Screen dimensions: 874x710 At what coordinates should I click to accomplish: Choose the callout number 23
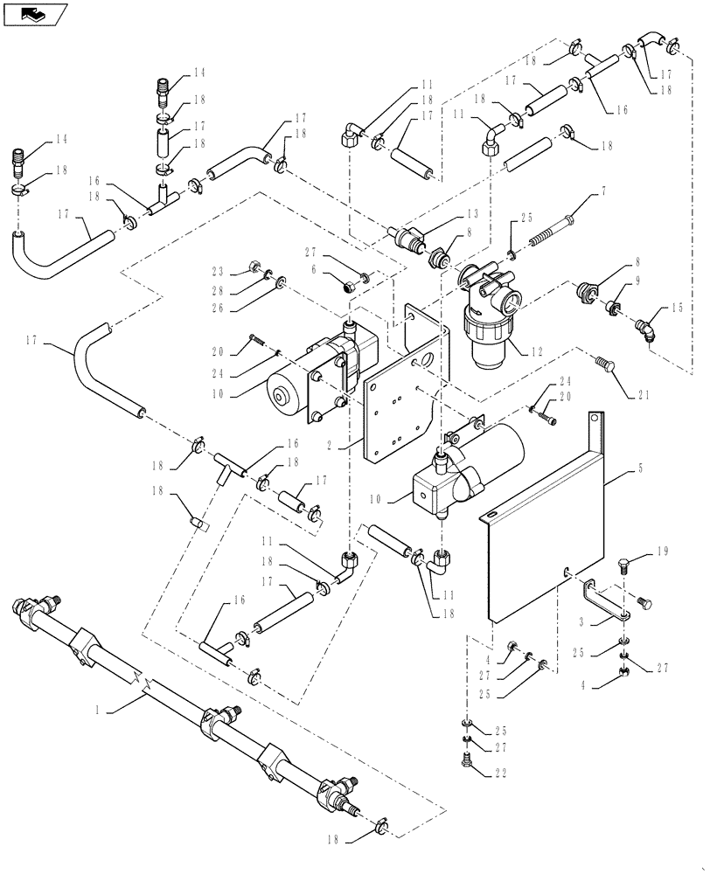pyautogui.click(x=218, y=271)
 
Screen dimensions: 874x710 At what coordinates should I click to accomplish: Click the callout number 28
pyautogui.click(x=218, y=289)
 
